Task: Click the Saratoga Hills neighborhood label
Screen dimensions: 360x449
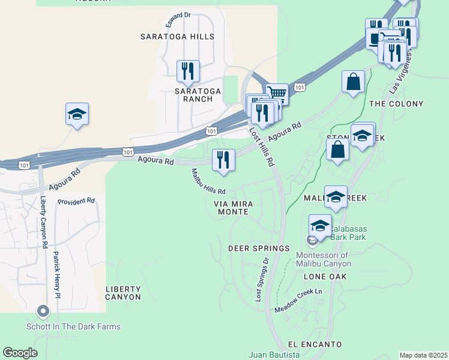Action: coord(177,37)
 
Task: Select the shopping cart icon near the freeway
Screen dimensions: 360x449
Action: coord(277,94)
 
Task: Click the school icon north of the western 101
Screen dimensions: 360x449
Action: coord(77,114)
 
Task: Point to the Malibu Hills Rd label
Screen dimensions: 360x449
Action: coord(208,182)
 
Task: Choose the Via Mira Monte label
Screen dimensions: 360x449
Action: coord(233,208)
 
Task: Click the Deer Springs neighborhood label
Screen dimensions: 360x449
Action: coord(259,248)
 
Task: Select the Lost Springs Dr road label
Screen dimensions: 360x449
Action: coord(262,280)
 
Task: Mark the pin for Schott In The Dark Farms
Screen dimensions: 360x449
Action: coord(43,311)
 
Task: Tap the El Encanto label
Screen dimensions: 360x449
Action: coord(315,344)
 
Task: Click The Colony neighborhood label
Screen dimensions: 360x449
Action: coord(396,104)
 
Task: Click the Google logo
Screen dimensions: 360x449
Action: coord(20,353)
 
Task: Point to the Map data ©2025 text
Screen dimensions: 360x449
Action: coord(423,355)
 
